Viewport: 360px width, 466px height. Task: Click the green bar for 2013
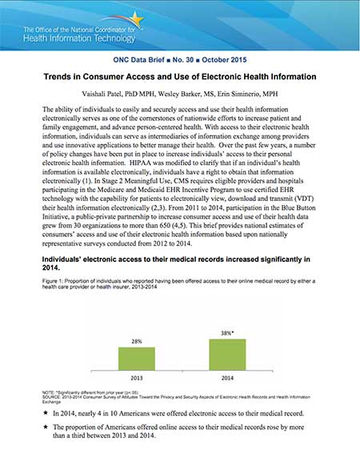[x=137, y=358]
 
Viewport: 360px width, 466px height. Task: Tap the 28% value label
[x=137, y=341]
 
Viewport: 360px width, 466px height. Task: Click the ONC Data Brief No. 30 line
[x=179, y=61]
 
